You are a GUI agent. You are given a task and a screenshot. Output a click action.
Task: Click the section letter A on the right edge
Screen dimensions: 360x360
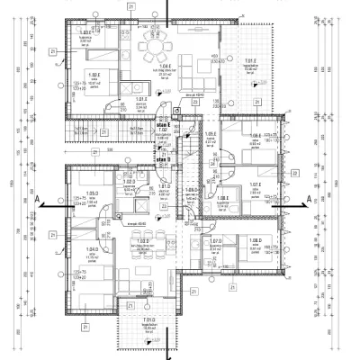point(309,198)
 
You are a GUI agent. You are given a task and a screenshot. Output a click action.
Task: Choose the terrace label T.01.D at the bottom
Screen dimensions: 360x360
point(149,319)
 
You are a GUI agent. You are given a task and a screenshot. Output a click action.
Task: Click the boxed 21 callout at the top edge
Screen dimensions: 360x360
point(132,5)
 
